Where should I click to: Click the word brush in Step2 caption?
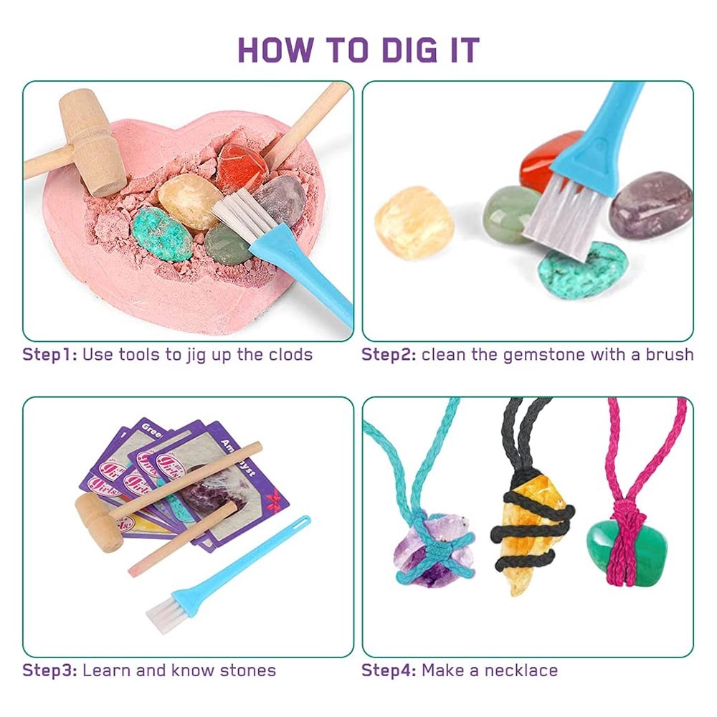tap(666, 354)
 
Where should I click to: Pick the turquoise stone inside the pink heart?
tap(161, 233)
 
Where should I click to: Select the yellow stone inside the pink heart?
tap(189, 201)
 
